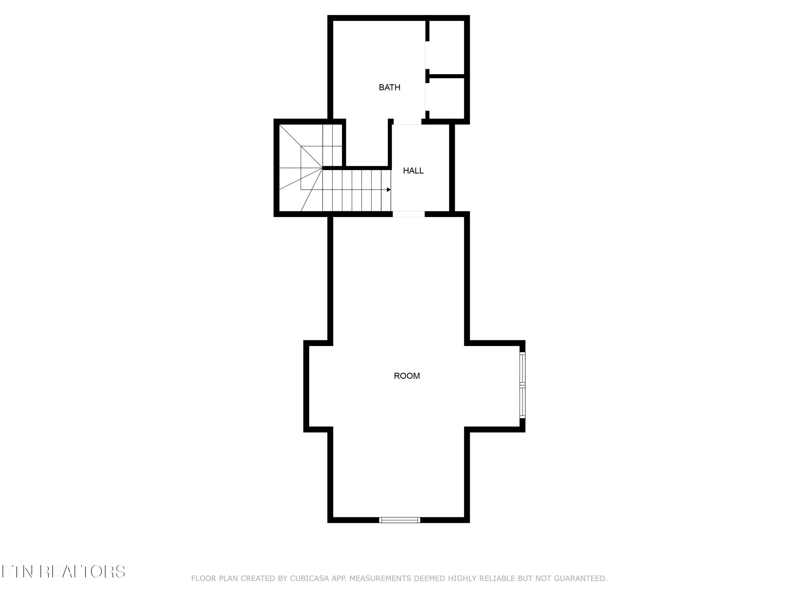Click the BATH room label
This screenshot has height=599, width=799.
[389, 87]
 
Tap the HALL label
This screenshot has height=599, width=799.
[413, 171]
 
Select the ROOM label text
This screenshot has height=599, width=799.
[407, 376]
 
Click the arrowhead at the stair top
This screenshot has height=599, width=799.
[389, 190]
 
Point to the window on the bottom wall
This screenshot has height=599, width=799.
[399, 520]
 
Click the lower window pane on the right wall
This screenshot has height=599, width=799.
[522, 401]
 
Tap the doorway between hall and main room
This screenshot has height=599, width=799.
[409, 214]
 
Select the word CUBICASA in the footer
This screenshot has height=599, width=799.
[309, 579]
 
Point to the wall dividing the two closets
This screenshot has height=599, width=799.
[447, 76]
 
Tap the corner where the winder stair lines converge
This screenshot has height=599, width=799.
[322, 168]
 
